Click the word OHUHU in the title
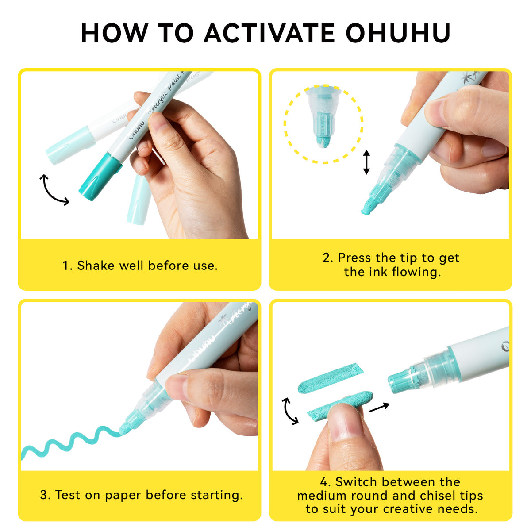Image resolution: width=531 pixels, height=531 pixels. [x=398, y=33]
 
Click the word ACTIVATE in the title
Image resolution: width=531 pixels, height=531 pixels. [x=269, y=33]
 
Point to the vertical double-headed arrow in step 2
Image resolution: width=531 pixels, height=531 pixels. [x=366, y=162]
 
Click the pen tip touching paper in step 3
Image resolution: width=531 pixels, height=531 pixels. [x=124, y=429]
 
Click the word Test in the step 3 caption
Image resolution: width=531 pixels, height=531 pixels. [x=68, y=495]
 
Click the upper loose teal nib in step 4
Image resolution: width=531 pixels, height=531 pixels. [x=331, y=378]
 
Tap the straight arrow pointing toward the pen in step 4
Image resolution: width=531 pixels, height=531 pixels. [x=379, y=407]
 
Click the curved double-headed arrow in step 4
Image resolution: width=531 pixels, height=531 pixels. [x=289, y=411]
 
